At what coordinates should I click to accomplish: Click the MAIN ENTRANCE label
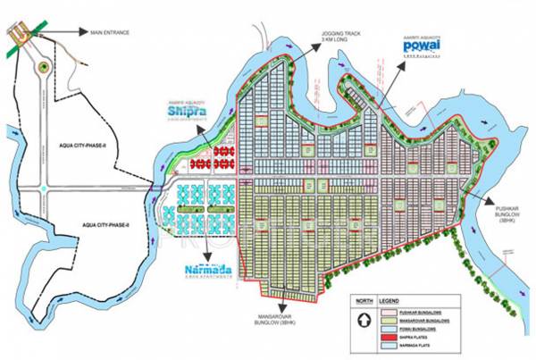(110, 33)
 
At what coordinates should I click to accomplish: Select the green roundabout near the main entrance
(41, 65)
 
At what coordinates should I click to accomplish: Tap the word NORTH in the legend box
(364, 301)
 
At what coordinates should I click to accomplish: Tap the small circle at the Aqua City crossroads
(41, 188)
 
